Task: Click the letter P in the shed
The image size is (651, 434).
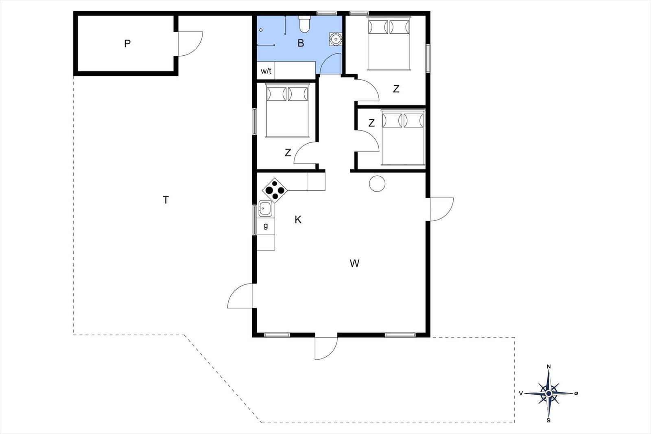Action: click(127, 44)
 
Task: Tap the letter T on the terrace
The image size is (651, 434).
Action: click(166, 200)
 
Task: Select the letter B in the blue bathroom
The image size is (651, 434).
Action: click(301, 43)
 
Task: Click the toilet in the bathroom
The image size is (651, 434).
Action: click(305, 24)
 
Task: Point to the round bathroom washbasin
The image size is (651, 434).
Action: click(336, 39)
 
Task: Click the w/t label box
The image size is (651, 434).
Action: click(266, 71)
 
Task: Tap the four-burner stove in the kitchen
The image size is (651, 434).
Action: click(275, 190)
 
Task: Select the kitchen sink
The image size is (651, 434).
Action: click(265, 208)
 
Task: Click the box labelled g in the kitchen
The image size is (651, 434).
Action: click(266, 226)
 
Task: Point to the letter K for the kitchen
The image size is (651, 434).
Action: click(298, 220)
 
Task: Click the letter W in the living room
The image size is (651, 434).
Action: click(354, 263)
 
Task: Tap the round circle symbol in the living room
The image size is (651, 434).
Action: click(377, 183)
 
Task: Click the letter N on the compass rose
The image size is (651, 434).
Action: click(549, 366)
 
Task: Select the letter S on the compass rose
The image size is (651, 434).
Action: click(549, 420)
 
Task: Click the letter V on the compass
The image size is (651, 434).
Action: click(521, 393)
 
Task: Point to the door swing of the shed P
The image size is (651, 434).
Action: click(190, 44)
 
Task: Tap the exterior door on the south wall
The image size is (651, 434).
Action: click(326, 348)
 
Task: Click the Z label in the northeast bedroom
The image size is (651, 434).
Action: click(396, 89)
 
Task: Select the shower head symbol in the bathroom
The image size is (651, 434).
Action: click(261, 30)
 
